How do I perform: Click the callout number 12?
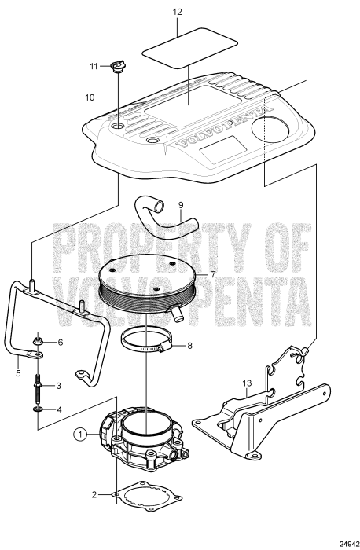(178, 13)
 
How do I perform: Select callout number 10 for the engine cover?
(90, 98)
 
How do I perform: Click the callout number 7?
(211, 275)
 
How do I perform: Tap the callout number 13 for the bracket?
(245, 384)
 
